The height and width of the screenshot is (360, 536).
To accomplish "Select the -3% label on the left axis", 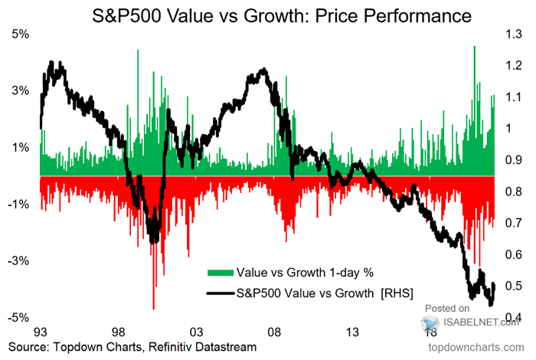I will pos(18,260).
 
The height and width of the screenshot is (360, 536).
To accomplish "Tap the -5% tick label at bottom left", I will pos(18,317).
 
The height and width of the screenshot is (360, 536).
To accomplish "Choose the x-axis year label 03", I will pos(196,332).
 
